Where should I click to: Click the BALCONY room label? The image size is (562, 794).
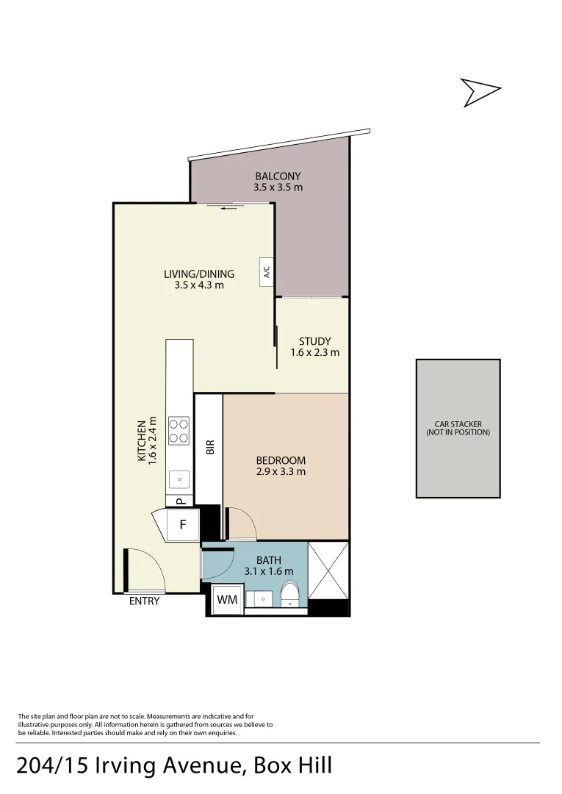[278, 176]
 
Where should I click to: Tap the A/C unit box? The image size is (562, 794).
[267, 273]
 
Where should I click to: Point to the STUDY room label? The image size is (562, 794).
[314, 341]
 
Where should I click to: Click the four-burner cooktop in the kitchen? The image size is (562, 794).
[179, 430]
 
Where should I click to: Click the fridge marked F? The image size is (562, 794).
[183, 525]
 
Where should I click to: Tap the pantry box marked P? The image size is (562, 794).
[179, 501]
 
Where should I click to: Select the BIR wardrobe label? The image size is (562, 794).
[209, 446]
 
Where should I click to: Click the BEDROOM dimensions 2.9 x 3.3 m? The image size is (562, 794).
[281, 471]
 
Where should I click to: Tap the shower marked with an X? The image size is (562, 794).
[328, 570]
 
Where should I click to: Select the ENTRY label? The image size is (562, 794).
[144, 601]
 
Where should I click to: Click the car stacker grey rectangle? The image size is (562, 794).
[458, 429]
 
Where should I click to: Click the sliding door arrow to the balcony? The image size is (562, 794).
[230, 208]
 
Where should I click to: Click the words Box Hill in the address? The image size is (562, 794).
[293, 765]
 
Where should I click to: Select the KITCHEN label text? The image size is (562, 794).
[142, 440]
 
